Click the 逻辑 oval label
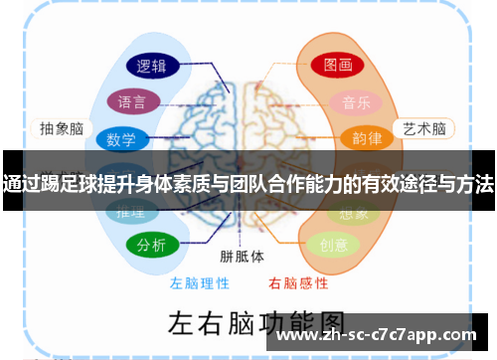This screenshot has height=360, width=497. (151, 67)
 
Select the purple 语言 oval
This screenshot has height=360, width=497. (133, 102)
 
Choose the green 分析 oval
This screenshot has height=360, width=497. (152, 245)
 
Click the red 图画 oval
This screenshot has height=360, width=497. (337, 66)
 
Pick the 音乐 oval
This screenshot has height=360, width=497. (356, 102)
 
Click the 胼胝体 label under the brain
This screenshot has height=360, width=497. (243, 256)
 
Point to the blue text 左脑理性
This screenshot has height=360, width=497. (199, 282)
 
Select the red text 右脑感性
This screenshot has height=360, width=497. (297, 282)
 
